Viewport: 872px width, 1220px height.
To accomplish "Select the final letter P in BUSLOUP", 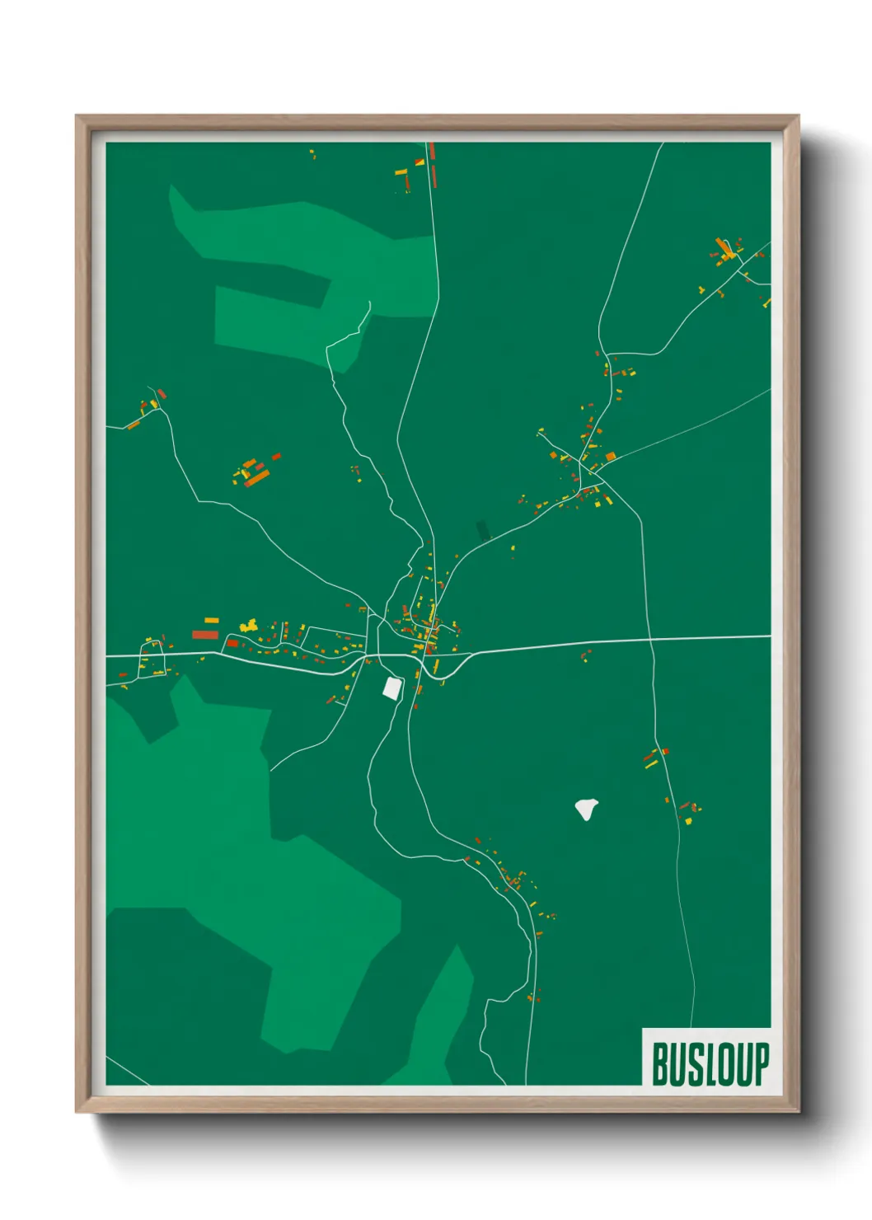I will coord(761,1064).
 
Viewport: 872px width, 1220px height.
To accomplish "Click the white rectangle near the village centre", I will coord(392,687).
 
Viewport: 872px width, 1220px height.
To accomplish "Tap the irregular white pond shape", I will coord(586,809).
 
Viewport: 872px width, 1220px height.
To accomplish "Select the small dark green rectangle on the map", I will coord(483,531).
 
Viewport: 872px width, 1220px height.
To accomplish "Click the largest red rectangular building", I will coord(204,635).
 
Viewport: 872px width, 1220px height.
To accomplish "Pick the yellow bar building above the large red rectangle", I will coord(212,620).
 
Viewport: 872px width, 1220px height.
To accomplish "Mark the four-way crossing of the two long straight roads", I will coord(650,639).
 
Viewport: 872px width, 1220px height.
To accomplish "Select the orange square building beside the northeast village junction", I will coord(611,457).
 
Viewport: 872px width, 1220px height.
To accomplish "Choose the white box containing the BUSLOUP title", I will coord(706,1057).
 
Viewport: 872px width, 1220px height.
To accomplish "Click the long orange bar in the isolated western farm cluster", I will coord(256,477).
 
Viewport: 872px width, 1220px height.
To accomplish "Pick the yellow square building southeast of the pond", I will coord(689,821).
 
